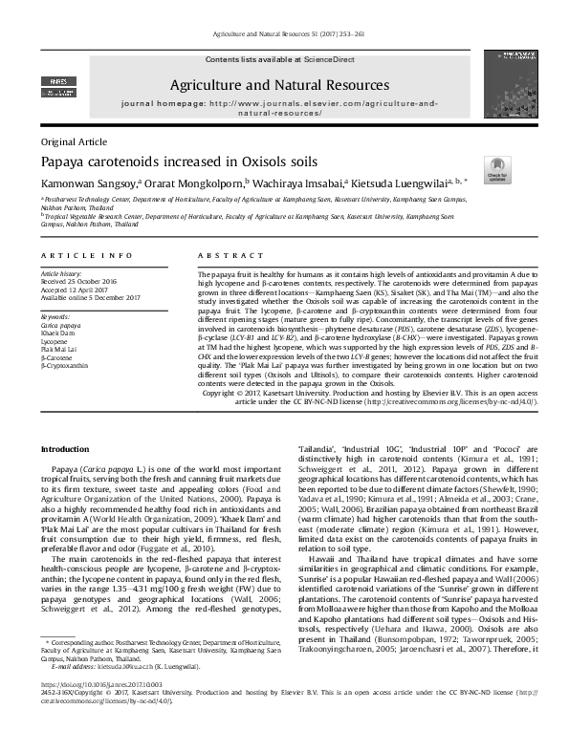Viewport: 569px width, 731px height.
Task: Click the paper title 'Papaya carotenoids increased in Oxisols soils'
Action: pos(179,161)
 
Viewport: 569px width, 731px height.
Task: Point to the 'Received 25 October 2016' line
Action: pos(84,281)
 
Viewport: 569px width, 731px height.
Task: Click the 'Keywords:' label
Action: pos(55,315)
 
